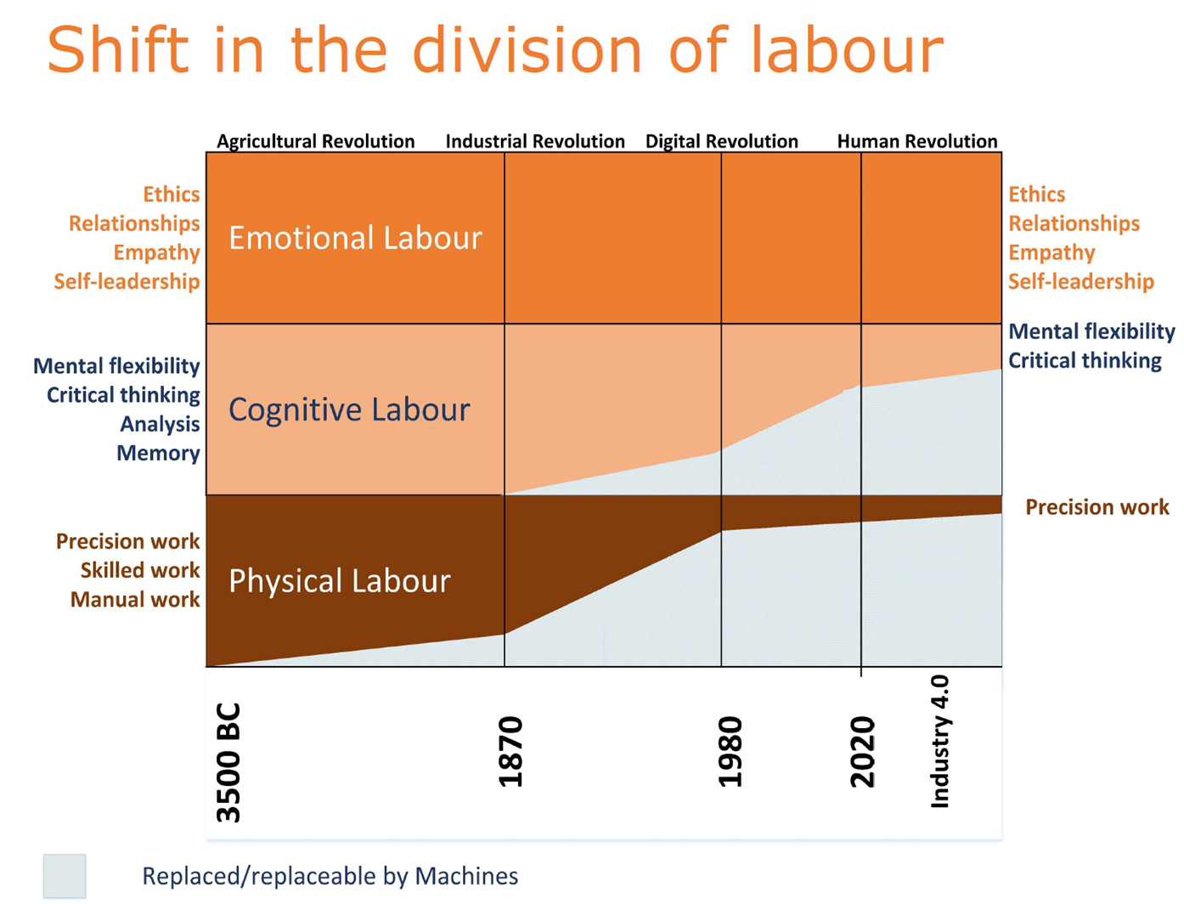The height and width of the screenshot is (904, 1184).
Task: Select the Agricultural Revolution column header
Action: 315,141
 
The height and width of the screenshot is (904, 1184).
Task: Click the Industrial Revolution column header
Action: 535,141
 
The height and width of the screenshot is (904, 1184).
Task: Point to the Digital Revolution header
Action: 722,141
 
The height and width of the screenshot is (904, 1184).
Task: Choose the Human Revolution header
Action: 917,141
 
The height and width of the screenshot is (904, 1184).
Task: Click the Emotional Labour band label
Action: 355,238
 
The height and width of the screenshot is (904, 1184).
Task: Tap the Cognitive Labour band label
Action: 349,410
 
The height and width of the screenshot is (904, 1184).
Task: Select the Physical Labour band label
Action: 339,581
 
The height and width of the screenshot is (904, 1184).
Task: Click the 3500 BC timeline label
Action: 229,762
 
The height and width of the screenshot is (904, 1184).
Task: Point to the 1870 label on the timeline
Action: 510,752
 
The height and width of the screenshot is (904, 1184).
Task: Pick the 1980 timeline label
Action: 730,752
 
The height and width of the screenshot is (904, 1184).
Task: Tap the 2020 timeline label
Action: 862,752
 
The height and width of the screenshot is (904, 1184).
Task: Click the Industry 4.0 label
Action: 940,741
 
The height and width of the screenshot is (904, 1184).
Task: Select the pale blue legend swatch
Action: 65,876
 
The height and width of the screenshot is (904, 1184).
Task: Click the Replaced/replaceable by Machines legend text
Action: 330,876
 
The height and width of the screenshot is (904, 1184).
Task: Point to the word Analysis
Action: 160,424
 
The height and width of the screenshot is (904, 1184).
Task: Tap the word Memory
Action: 158,453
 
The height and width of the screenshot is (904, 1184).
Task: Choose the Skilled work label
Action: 140,570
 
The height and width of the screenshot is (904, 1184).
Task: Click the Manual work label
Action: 135,599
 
